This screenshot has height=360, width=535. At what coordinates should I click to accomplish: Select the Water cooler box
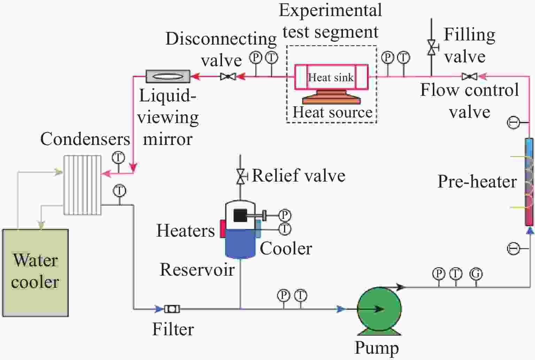click(35, 273)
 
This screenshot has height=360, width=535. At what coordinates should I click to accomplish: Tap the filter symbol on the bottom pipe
click(171, 309)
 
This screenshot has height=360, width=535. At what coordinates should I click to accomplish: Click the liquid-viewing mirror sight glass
click(168, 76)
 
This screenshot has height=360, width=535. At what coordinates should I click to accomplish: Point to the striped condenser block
click(82, 185)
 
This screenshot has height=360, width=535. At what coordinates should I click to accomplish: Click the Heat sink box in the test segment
click(331, 77)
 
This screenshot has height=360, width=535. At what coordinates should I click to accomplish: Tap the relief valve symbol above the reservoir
click(240, 176)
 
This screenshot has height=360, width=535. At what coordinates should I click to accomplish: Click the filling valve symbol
click(431, 47)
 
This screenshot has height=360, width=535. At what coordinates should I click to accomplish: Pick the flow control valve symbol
click(469, 76)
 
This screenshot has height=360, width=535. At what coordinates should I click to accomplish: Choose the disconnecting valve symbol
click(228, 76)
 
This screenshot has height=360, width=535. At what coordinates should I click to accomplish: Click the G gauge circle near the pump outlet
click(476, 274)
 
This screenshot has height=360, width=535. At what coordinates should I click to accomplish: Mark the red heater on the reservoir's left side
click(222, 229)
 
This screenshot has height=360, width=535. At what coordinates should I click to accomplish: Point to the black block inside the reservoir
click(240, 215)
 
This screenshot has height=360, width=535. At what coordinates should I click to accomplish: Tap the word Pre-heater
click(476, 182)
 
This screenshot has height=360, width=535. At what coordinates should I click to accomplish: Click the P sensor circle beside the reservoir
click(285, 215)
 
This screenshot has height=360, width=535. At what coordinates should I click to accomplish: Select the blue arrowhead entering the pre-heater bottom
click(530, 230)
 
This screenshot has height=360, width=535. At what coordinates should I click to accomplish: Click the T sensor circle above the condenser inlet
click(118, 158)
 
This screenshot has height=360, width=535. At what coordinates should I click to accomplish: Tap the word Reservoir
click(197, 270)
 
